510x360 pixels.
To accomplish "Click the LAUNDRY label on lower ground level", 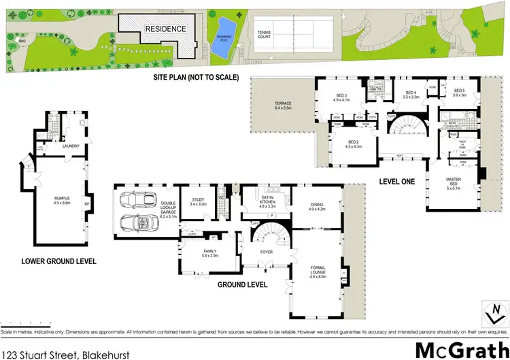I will pyautogui.click(x=71, y=146).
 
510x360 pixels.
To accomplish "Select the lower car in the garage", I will pyautogui.click(x=138, y=224).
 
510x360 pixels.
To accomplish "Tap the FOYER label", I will pyautogui.click(x=266, y=250).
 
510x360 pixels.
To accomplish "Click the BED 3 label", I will pyautogui.click(x=341, y=96).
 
